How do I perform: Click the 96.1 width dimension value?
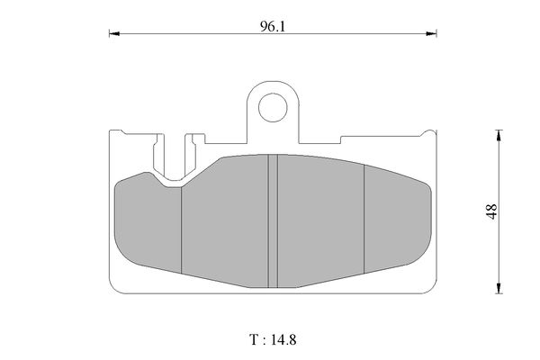tap(273, 26)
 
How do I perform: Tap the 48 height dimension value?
tap(491, 211)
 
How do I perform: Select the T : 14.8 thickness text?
tap(273, 339)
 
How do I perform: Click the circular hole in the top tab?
tap(273, 107)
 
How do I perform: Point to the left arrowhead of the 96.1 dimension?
tap(114, 34)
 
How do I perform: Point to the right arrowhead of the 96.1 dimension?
tap(431, 34)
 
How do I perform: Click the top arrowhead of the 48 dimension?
tap(499, 135)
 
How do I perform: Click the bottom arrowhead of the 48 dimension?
tap(499, 288)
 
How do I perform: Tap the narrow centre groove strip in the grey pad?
tap(273, 220)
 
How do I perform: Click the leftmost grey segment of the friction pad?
tap(148, 222)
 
